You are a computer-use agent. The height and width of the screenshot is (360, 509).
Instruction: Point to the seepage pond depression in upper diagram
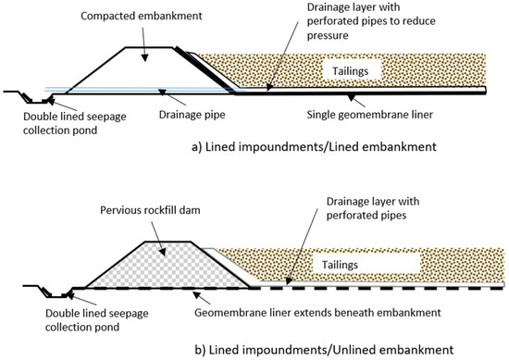click(x=38, y=97)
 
